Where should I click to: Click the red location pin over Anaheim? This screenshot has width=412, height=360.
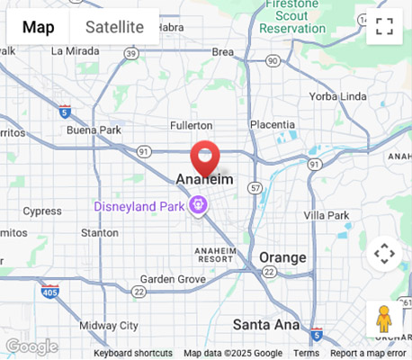pos(206,157)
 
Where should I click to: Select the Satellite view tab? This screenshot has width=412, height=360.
pos(114,27)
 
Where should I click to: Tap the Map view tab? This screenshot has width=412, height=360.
pos(38,27)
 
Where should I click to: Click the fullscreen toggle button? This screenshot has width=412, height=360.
pos(384,26)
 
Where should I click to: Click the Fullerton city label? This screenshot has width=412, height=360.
pos(191,125)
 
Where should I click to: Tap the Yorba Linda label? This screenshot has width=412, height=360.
pos(336,96)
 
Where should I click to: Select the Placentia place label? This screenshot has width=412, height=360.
pos(272,124)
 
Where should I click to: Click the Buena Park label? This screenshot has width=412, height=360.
pos(93,130)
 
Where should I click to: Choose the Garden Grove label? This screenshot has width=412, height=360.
pos(173,279)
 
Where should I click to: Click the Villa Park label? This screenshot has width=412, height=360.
pos(326,215)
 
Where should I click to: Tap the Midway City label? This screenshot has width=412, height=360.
pos(109,325)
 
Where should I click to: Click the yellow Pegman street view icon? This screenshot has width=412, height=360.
pos(384,319)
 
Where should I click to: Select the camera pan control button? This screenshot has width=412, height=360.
pos(384,254)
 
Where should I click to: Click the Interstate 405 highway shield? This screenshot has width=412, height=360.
pos(50,292)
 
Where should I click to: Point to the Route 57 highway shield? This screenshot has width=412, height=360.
pos(256,188)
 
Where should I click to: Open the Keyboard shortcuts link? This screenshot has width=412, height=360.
pos(133,354)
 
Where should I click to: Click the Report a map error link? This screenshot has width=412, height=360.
pos(368,354)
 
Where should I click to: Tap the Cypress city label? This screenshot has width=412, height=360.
pos(42,211)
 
